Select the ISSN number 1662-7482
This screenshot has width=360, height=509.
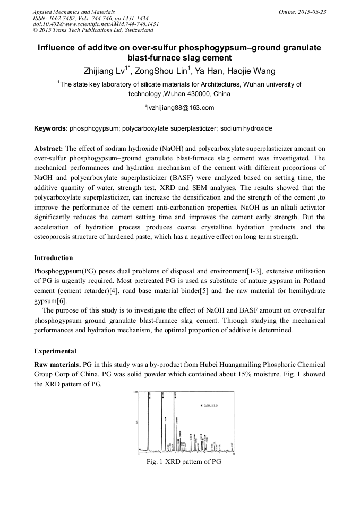64,18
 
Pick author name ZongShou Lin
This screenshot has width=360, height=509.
165,71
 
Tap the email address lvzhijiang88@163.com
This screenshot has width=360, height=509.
180,108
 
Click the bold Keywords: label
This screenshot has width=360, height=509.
51,128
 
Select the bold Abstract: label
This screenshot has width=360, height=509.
48,149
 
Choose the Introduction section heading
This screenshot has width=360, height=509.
54,258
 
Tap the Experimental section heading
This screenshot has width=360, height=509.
55,351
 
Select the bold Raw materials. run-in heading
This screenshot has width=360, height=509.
57,365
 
